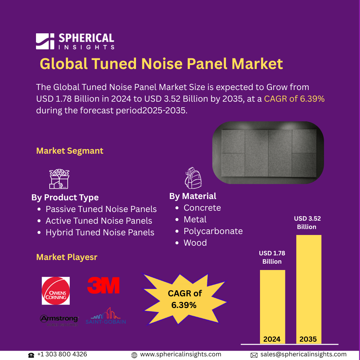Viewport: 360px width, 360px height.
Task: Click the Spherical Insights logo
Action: (x=75, y=41)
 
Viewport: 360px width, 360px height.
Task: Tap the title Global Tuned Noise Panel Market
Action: (x=161, y=63)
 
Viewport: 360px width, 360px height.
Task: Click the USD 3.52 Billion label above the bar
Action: (x=307, y=223)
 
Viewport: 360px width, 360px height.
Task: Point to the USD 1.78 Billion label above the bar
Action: (x=272, y=257)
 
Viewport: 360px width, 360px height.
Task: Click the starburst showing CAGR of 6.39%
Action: (x=185, y=299)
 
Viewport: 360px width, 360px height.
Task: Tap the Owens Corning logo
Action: (x=56, y=291)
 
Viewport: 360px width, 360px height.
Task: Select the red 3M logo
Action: (x=103, y=286)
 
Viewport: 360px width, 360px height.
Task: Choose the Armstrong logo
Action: (x=59, y=320)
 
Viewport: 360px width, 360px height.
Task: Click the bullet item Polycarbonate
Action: (x=213, y=231)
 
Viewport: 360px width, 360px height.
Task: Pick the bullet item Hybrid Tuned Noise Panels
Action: (x=100, y=232)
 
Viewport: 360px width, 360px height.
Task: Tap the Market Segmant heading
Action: (x=70, y=151)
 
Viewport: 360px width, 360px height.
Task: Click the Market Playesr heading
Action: (x=67, y=257)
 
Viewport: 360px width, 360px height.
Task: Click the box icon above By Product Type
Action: (x=59, y=179)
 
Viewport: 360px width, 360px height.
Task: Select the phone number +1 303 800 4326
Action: (x=62, y=354)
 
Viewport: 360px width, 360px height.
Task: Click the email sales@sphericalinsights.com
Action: (x=303, y=354)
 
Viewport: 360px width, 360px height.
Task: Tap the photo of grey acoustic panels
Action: (x=268, y=153)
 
